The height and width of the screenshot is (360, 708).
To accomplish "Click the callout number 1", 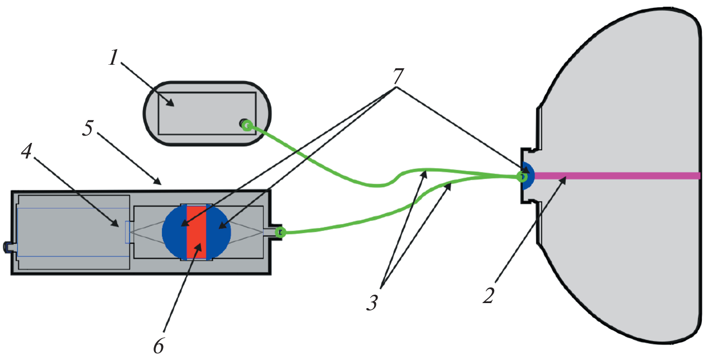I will (113, 58).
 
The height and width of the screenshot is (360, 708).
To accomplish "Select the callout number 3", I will (372, 303).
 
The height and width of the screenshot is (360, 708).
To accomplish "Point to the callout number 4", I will (26, 150).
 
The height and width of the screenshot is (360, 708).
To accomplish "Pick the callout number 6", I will (159, 345).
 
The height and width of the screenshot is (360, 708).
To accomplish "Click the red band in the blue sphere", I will (197, 232).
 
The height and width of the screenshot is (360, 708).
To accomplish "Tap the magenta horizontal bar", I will (614, 176).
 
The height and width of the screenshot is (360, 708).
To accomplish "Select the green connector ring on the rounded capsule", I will (246, 125).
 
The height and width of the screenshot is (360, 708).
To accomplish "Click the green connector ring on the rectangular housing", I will (281, 232).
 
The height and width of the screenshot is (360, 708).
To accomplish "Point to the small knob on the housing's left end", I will (9, 247).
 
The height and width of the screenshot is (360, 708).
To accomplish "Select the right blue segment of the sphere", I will (218, 232).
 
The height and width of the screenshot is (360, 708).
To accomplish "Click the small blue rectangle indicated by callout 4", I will (127, 232).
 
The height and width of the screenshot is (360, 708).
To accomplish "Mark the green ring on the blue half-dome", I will (522, 177).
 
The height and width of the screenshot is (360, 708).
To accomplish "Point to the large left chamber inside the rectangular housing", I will (73, 232).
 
